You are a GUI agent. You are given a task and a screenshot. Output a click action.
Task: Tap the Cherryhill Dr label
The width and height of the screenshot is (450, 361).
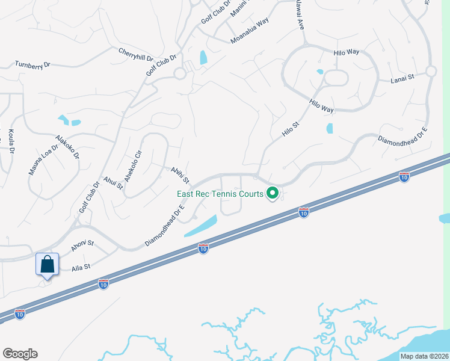coord(136,56)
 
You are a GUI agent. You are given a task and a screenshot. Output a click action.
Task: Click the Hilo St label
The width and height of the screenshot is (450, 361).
coord(291,129)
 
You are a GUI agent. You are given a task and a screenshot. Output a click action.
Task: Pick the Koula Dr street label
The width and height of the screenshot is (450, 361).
coord(11,142)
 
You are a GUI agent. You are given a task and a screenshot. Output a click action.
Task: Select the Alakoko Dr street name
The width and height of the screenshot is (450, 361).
coord(67,146)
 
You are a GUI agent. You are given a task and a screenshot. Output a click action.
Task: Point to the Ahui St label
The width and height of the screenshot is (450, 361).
coord(112,182)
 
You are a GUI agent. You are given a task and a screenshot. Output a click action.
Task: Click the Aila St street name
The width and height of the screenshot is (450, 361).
coord(81,267)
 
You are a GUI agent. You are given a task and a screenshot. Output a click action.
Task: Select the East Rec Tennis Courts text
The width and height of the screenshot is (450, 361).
coord(220,194)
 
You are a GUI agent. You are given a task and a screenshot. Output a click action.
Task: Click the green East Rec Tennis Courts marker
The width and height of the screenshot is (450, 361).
coord(273,194)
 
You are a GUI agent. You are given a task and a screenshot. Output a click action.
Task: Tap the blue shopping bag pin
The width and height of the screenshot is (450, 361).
coord(48,264)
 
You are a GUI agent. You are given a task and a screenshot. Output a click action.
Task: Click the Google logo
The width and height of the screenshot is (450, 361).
coord(20,354)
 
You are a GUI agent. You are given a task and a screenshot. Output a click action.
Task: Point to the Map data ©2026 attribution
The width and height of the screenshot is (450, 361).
coord(424,356)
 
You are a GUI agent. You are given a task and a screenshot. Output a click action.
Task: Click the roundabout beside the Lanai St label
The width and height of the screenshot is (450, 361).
coord(431,71)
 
